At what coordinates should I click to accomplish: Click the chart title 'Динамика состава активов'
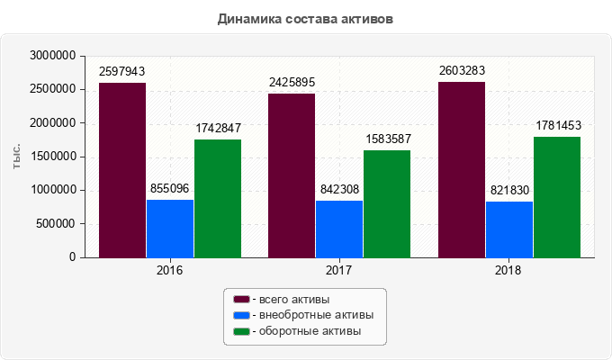305,18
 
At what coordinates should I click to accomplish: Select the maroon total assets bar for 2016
122,170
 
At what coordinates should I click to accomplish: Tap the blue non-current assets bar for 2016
170,229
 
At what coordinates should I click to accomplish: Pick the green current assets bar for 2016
218,198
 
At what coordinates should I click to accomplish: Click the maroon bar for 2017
292,175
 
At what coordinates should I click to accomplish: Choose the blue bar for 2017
339,229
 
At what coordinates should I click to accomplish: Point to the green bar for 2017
387,203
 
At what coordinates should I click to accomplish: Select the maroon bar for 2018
462,170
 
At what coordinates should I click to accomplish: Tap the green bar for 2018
557,197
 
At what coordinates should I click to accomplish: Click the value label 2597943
122,71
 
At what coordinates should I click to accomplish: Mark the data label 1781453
557,126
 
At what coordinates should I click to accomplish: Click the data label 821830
509,190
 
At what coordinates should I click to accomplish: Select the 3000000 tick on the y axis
52,56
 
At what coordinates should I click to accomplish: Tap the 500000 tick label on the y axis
56,224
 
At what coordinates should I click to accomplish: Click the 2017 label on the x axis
339,269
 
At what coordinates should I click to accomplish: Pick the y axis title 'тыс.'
17,157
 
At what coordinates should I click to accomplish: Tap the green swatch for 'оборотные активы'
241,332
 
